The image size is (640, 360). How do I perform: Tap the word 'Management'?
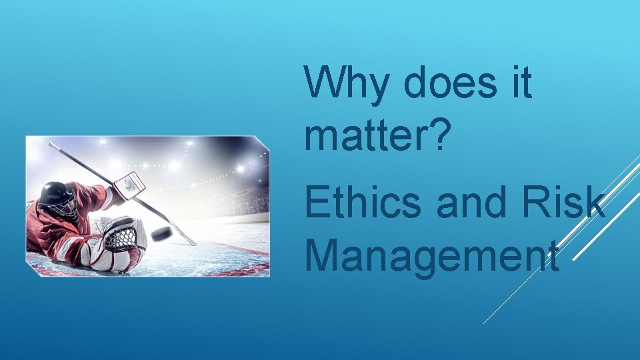(x=431, y=255)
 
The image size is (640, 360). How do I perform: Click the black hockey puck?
(x=161, y=233)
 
